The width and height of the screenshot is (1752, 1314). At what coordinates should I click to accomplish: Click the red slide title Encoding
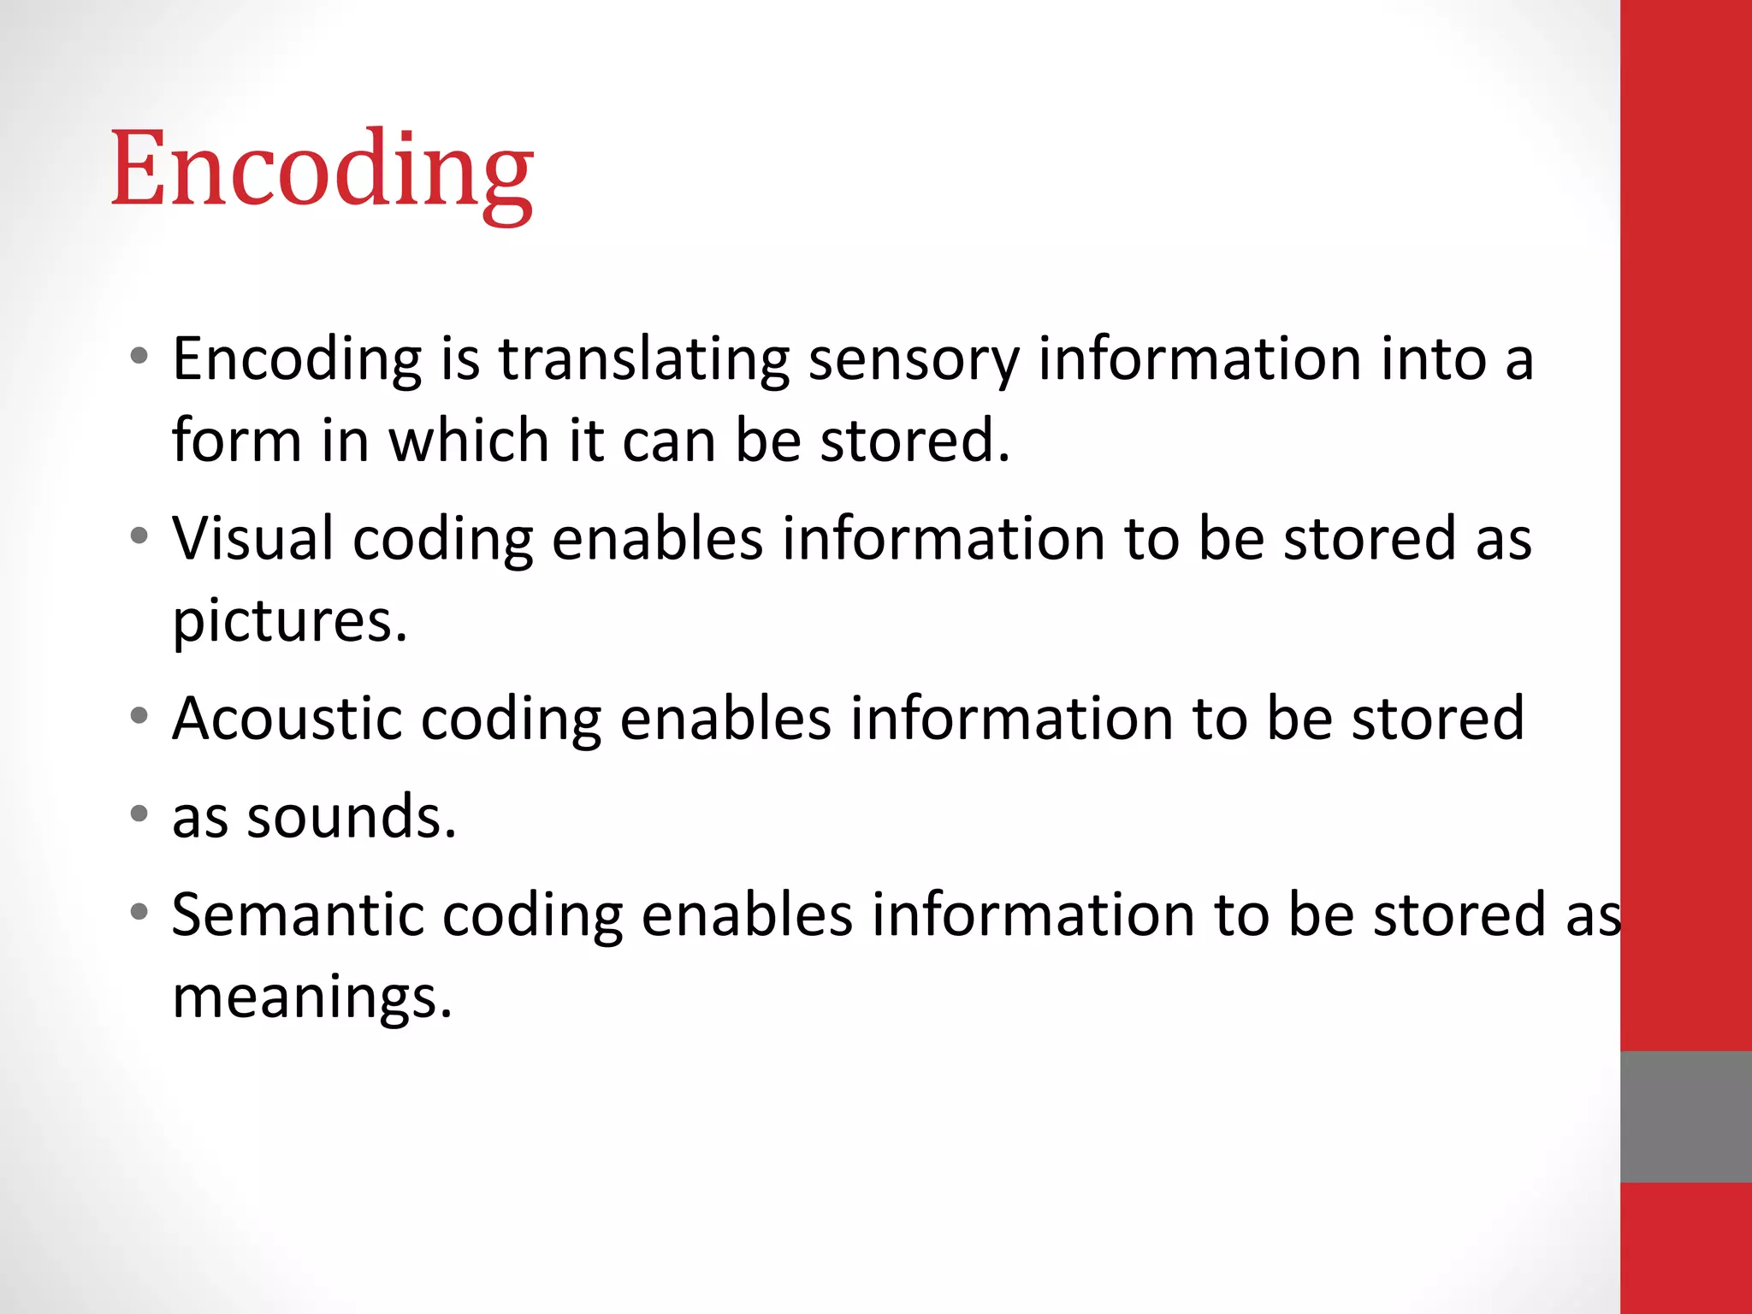point(322,169)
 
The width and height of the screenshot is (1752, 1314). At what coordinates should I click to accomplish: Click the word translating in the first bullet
point(643,359)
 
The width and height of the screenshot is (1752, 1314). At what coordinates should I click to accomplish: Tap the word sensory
point(914,361)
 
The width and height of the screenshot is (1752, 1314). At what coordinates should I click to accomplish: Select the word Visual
point(253,539)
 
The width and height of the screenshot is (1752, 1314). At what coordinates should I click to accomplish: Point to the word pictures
point(289,621)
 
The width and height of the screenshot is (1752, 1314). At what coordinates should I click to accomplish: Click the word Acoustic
point(287,719)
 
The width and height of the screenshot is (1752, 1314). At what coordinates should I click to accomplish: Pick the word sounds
point(351,818)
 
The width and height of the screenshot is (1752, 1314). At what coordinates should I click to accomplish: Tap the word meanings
point(311,997)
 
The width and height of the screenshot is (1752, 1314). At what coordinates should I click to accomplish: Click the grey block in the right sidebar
point(1685,1116)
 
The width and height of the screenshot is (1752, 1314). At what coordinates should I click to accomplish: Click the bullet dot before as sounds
point(139,813)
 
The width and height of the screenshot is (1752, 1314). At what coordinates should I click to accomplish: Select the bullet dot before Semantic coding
point(139,912)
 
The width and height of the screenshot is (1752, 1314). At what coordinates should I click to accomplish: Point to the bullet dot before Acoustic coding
point(139,715)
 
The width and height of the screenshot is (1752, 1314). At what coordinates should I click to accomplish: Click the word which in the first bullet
point(469,441)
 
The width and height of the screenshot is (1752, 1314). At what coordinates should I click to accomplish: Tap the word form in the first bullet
point(236,441)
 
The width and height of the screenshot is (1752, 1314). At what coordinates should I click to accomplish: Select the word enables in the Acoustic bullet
point(725,719)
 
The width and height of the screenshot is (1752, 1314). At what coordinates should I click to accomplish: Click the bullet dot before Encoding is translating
point(139,356)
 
